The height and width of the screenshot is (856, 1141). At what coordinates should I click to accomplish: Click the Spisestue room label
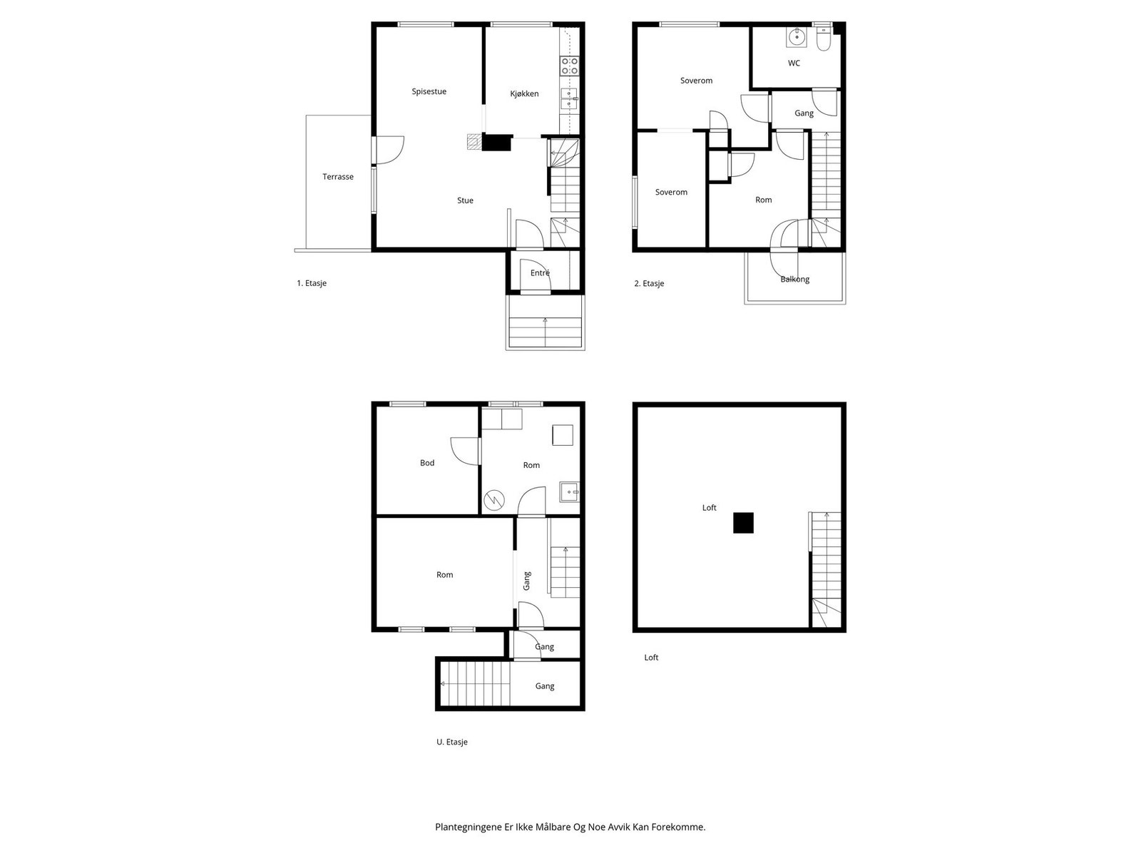[429, 91]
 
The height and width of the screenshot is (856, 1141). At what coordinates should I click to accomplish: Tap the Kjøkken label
[524, 93]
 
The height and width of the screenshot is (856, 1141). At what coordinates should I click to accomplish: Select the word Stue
[465, 200]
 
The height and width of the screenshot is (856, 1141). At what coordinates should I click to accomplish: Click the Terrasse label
[338, 177]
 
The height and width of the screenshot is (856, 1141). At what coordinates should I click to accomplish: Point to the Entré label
[540, 272]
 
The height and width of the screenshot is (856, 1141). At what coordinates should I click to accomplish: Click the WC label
[794, 63]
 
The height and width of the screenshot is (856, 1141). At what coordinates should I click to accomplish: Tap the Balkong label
[795, 279]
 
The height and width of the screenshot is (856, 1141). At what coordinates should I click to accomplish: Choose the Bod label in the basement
[427, 463]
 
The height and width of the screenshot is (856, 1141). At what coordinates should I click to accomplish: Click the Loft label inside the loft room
[709, 508]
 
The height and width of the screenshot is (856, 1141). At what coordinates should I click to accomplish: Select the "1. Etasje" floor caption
[312, 283]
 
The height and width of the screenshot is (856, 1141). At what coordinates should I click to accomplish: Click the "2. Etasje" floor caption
[649, 283]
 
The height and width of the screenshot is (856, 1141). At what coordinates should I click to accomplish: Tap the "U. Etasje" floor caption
[452, 742]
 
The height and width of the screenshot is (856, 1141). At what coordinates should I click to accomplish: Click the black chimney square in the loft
[743, 523]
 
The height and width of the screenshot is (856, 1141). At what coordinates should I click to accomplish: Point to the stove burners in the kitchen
[570, 66]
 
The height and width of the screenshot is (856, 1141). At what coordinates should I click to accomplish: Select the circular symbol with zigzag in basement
[493, 501]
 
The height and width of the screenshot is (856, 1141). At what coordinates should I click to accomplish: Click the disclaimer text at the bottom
[570, 827]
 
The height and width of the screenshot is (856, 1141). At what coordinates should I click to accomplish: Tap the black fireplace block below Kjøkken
[497, 143]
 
